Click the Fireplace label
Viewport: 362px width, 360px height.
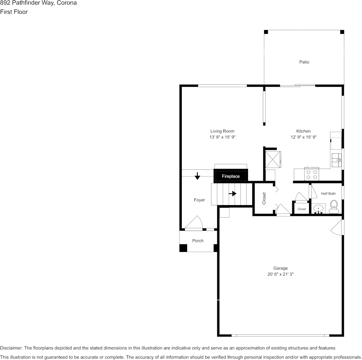pos(231,177)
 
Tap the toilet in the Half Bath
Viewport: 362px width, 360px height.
pos(333,207)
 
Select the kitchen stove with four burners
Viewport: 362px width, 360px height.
pos(312,174)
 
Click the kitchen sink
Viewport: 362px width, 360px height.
pos(336,160)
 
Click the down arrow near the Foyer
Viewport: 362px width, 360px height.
pos(197,176)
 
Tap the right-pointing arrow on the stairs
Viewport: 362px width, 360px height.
pos(233,193)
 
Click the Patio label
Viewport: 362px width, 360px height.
pos(304,62)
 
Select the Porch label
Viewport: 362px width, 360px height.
pos(198,241)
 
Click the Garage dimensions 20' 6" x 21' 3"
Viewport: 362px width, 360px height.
pos(280,274)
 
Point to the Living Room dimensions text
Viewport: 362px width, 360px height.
pos(222,137)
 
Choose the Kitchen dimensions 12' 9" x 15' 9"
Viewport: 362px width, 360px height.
pos(304,137)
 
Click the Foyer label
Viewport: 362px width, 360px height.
pos(199,200)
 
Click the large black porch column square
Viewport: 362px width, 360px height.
pos(183,248)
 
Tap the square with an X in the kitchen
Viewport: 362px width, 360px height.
pos(273,159)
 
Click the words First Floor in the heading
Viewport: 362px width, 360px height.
pos(14,12)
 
